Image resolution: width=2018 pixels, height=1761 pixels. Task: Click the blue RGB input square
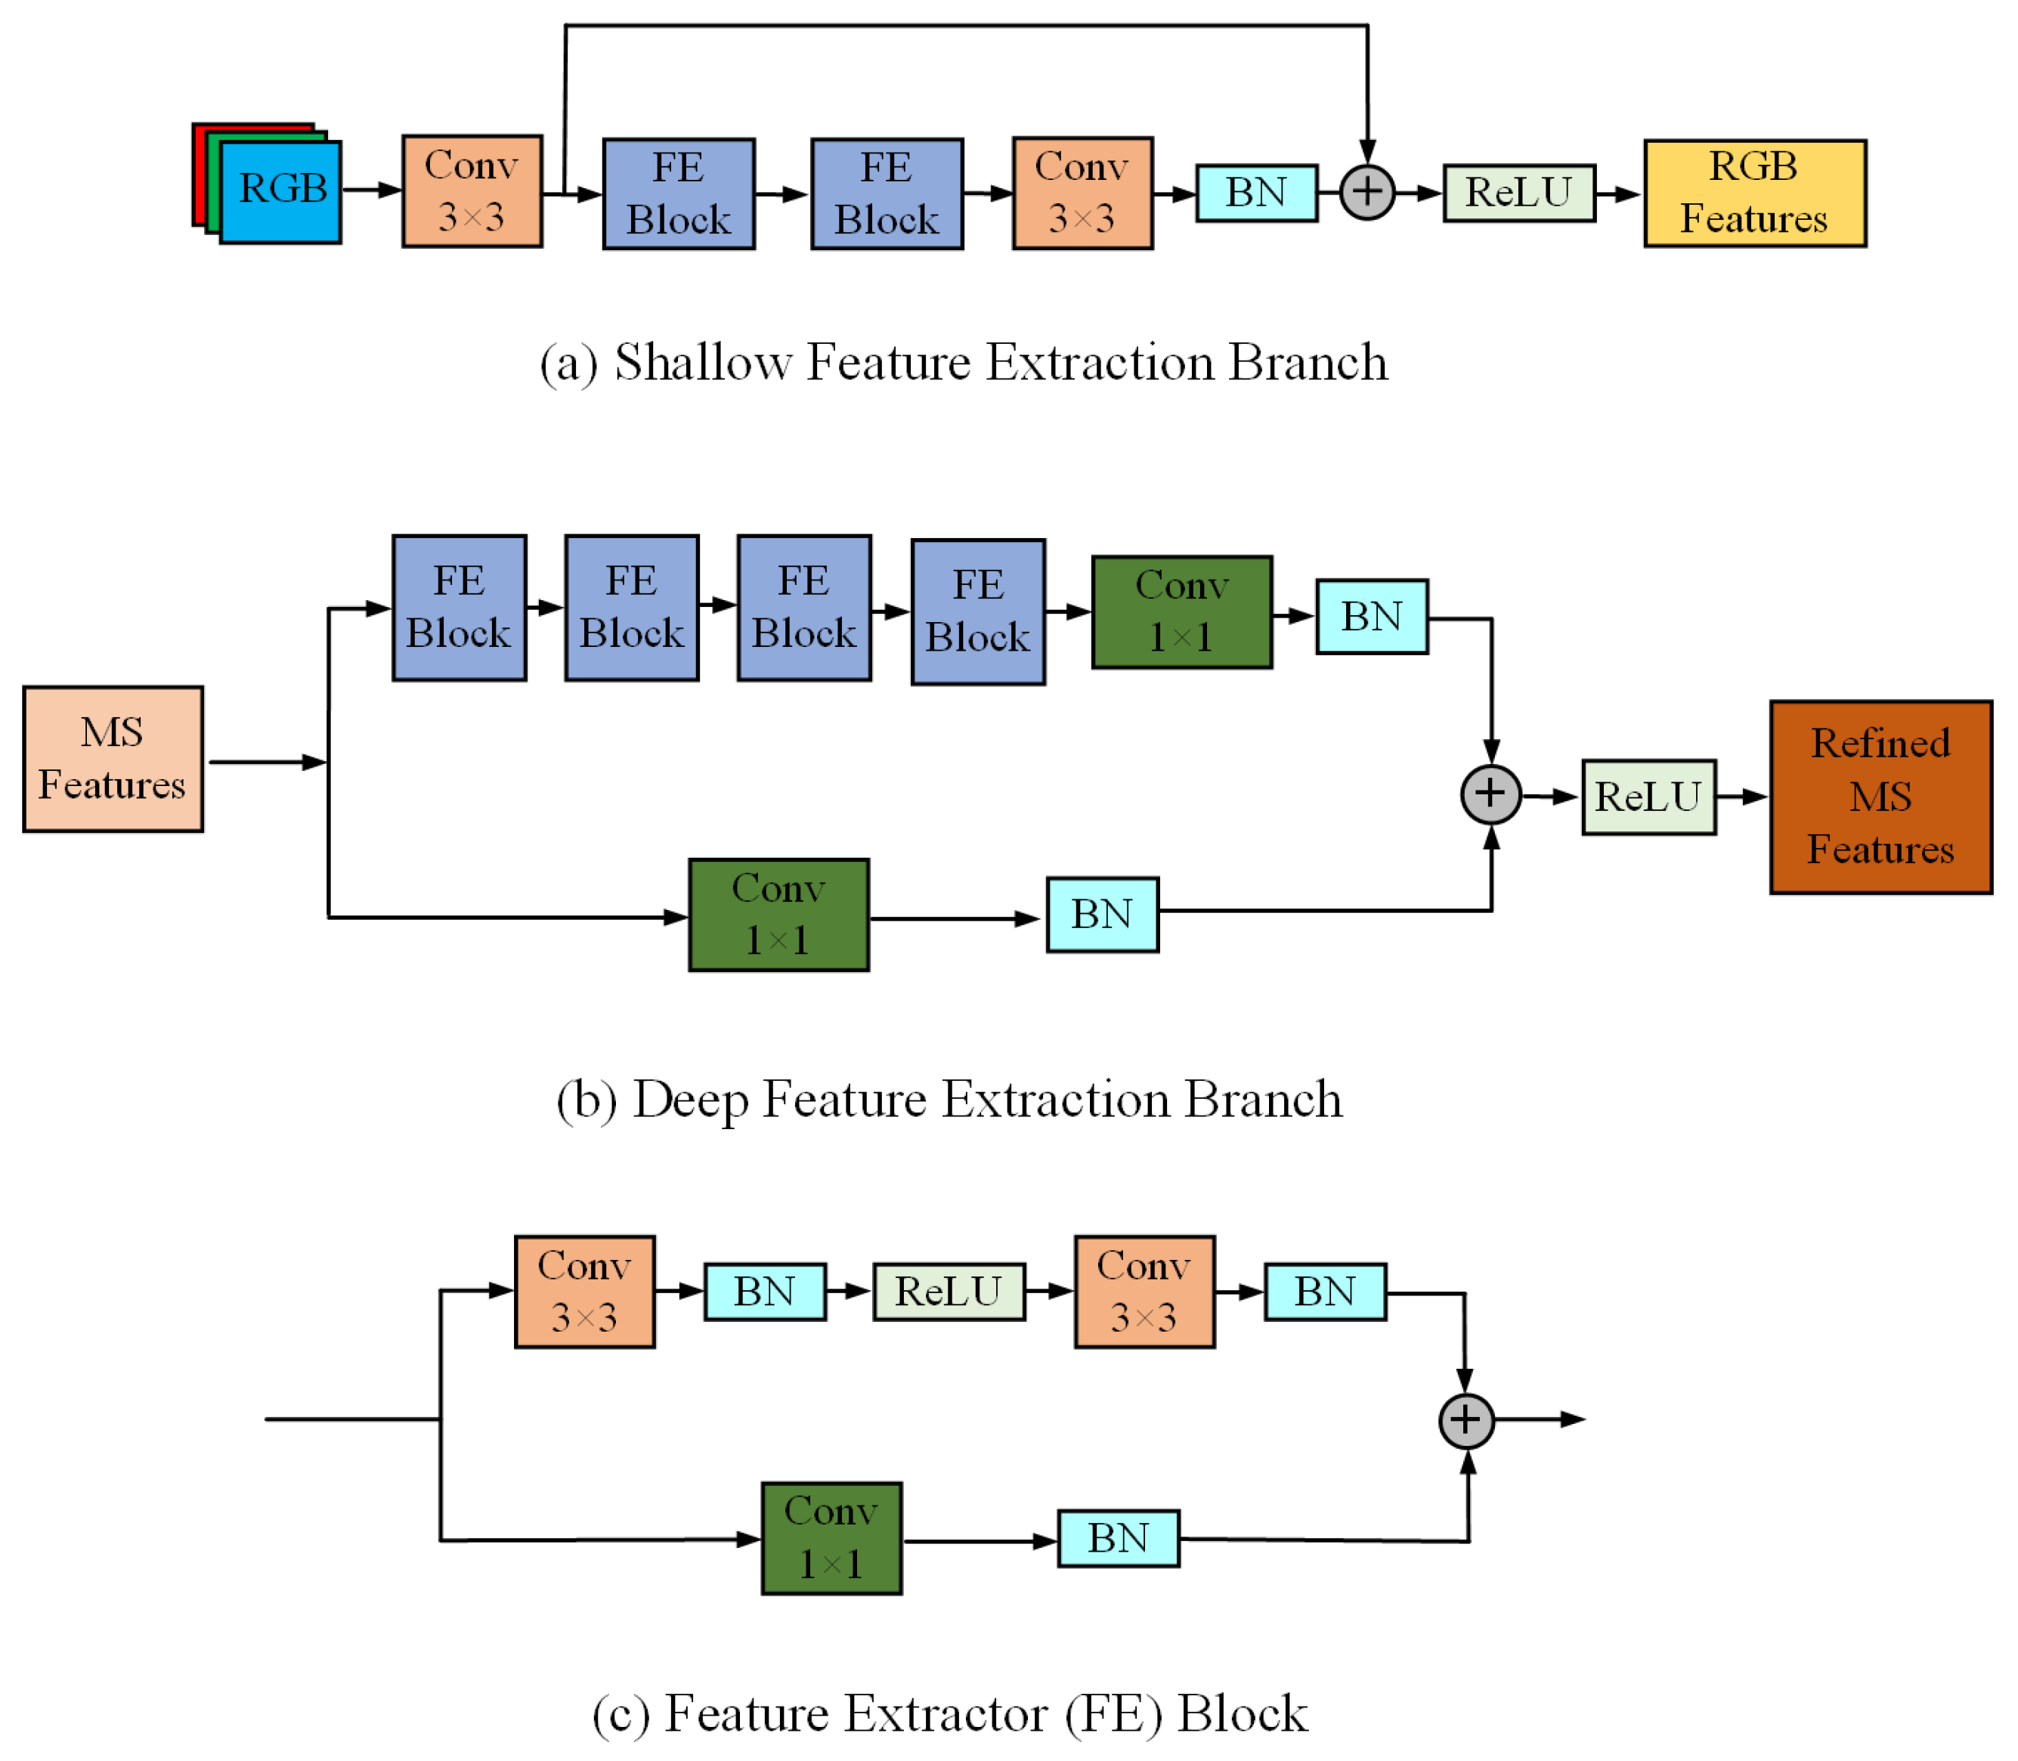(x=281, y=193)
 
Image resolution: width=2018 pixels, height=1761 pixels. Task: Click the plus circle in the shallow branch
(x=1366, y=193)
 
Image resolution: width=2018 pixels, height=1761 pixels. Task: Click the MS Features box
(x=113, y=759)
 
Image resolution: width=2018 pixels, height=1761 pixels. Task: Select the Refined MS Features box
(x=1880, y=797)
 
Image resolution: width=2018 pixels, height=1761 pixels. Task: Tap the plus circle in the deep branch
(x=1490, y=794)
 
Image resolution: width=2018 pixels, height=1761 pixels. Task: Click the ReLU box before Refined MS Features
(x=1648, y=797)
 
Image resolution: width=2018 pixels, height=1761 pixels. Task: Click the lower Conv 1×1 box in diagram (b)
(x=778, y=915)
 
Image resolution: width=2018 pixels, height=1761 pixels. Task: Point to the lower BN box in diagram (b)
(x=1101, y=915)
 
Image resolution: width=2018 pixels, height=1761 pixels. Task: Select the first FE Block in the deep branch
(x=459, y=608)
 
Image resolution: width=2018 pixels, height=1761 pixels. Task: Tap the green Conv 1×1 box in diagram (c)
(x=831, y=1538)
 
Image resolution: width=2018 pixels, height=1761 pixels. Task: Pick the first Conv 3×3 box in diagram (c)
(x=584, y=1291)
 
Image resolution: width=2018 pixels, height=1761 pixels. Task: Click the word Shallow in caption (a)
(x=702, y=363)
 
